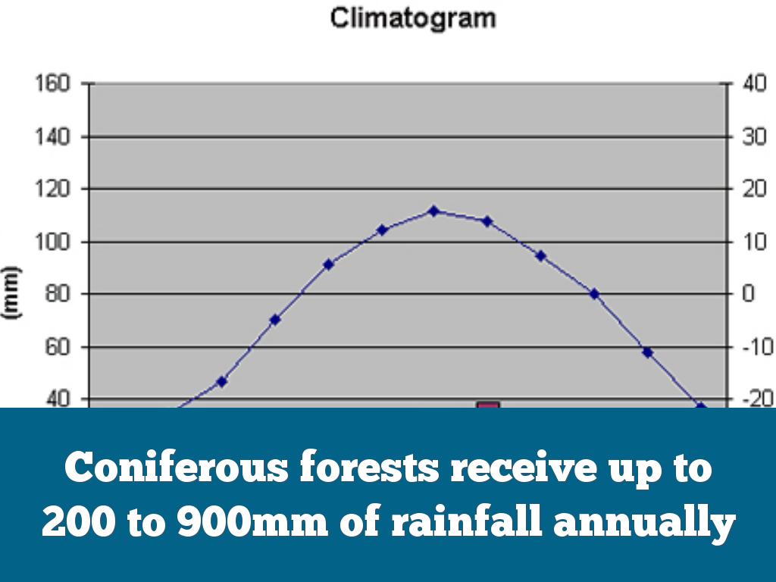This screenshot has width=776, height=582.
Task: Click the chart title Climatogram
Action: pyautogui.click(x=413, y=18)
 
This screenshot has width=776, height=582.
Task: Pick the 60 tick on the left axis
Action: pyautogui.click(x=54, y=347)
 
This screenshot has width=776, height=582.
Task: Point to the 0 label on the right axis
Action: pyautogui.click(x=749, y=294)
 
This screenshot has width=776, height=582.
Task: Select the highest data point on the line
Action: pyautogui.click(x=433, y=211)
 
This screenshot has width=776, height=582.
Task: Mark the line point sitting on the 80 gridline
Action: pyautogui.click(x=594, y=294)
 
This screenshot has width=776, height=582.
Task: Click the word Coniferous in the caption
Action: pyautogui.click(x=176, y=468)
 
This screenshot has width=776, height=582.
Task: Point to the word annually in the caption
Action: pyautogui.click(x=646, y=524)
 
